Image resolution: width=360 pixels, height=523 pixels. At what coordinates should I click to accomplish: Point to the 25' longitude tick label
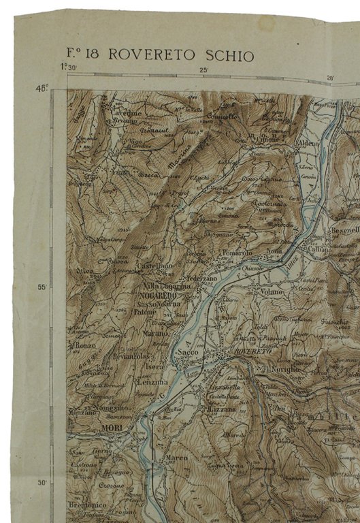(203, 70)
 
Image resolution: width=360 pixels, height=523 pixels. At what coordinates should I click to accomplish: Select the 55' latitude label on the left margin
(42, 287)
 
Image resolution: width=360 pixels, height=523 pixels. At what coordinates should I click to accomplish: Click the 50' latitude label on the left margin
(42, 483)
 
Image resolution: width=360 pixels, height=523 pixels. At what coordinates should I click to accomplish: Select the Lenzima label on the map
(151, 382)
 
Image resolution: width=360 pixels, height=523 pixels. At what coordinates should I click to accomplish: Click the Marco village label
(176, 458)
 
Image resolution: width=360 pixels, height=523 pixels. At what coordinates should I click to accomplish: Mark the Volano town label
(270, 291)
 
